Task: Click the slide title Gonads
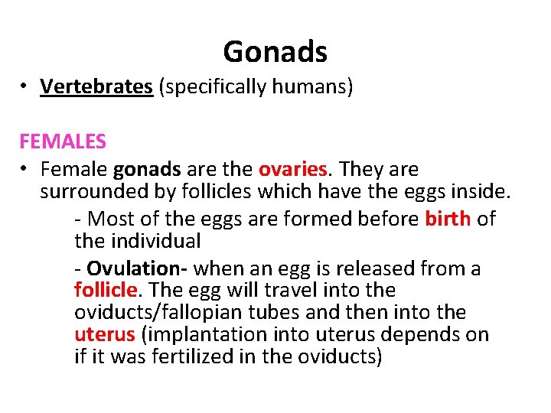pos(275,52)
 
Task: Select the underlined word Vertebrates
pos(96,87)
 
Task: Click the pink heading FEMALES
pos(63,142)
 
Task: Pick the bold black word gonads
pos(147,169)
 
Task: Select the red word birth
pos(448,219)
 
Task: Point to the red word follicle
pos(106,291)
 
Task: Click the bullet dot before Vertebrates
pos(25,87)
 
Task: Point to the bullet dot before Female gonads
pos(25,169)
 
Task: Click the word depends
pos(430,335)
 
